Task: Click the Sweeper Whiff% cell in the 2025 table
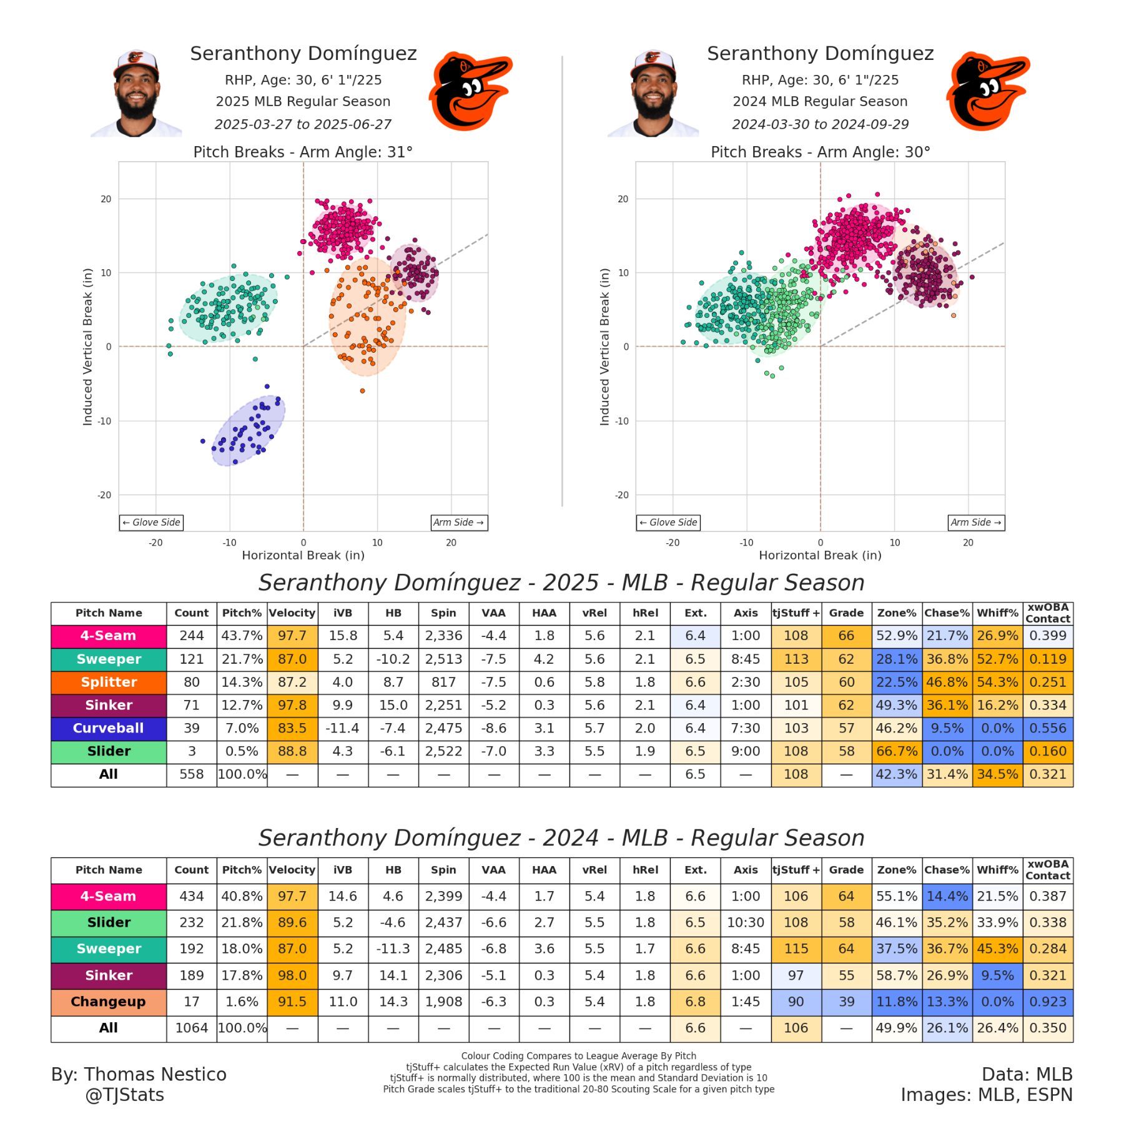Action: click(x=997, y=659)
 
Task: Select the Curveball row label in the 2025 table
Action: click(x=109, y=728)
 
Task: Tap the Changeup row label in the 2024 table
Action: click(x=109, y=1002)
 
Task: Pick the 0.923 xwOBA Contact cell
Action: click(x=1048, y=1002)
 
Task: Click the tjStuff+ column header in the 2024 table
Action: click(x=796, y=870)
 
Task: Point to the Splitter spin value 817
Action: click(x=443, y=682)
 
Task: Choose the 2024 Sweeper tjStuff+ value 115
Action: click(x=796, y=949)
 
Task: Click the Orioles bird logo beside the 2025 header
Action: click(x=470, y=91)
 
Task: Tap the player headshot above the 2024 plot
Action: click(x=653, y=94)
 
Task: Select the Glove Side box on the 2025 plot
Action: click(x=152, y=523)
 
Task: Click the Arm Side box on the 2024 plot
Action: click(x=976, y=523)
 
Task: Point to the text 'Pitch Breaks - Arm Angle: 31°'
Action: click(x=303, y=152)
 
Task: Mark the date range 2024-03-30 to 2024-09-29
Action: click(x=820, y=124)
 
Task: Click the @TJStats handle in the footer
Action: click(x=125, y=1095)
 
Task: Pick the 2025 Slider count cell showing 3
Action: click(x=192, y=751)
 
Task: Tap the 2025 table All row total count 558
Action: click(x=192, y=774)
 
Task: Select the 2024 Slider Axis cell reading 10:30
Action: click(x=746, y=922)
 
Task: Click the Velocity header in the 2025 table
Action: click(x=292, y=613)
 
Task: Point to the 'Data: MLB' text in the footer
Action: click(x=1027, y=1074)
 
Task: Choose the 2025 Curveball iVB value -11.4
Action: click(x=343, y=728)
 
